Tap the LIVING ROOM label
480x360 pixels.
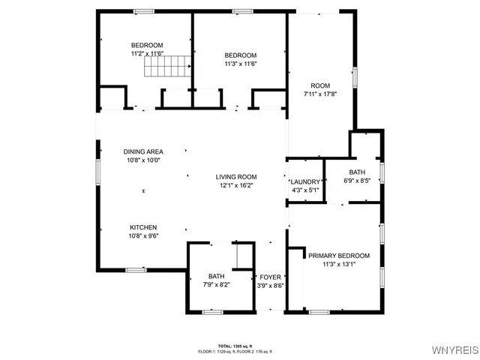(236, 176)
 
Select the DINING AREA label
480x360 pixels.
(143, 151)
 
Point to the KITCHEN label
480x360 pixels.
(143, 227)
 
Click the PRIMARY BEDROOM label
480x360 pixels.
(339, 255)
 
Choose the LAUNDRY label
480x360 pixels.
(305, 181)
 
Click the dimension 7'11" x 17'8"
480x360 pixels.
(319, 94)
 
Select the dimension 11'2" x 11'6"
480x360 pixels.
(147, 54)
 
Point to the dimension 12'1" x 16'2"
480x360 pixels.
(236, 185)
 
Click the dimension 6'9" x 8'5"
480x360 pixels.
(357, 180)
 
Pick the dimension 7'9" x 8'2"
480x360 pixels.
(216, 285)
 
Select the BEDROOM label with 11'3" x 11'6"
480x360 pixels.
(241, 55)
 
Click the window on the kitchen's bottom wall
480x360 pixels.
(136, 269)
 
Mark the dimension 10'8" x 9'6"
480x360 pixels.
(143, 235)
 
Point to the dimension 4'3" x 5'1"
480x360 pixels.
(305, 190)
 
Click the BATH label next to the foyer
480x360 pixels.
(216, 276)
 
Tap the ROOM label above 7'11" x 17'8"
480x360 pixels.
(319, 85)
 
